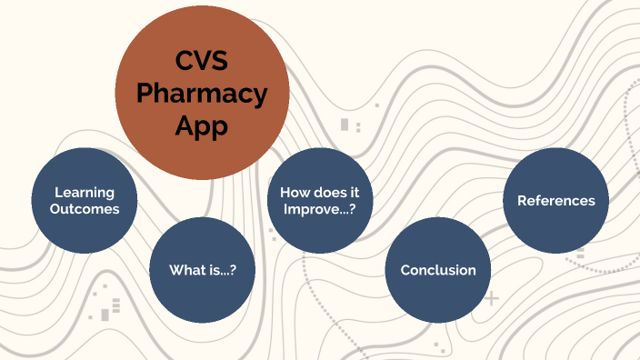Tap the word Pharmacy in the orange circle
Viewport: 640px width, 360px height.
(202, 94)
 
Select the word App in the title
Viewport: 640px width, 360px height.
(202, 126)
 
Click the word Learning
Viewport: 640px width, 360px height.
(85, 192)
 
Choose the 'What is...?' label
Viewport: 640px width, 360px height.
(202, 270)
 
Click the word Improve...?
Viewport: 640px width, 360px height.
(320, 209)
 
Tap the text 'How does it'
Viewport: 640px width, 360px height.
(320, 193)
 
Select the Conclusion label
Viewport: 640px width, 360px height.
(438, 270)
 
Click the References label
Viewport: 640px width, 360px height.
(556, 201)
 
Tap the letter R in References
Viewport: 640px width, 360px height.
(522, 201)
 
